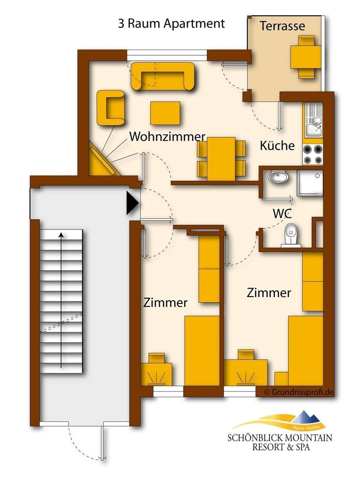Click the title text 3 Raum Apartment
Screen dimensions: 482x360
coord(171,24)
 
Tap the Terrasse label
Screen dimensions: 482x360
coord(282,26)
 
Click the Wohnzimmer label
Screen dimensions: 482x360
coord(167,137)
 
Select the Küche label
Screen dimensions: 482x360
coord(277,146)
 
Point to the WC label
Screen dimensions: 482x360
coord(282,213)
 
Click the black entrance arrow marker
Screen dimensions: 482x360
coord(132,203)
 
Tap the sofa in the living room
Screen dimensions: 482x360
coord(163,76)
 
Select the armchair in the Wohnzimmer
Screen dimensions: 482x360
coord(110,108)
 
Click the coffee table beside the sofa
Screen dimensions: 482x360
coord(165,113)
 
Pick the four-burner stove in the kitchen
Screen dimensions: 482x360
coord(313,155)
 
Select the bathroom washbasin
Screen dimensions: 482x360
coord(278,177)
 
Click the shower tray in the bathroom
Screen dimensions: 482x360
coord(310,183)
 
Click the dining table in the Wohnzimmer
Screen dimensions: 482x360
coord(221,159)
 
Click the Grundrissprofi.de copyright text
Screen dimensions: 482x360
coord(298,392)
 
